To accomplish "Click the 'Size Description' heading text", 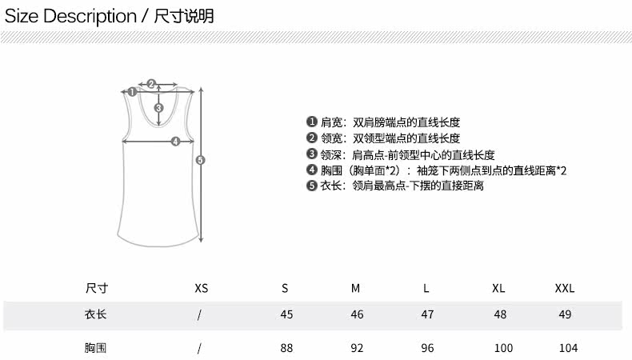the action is [x=70, y=15].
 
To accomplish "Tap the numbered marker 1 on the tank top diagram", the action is [x=132, y=91].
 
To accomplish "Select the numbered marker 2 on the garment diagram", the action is [x=151, y=83].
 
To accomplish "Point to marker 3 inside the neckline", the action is [x=159, y=108].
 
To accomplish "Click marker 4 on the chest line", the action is [x=175, y=142].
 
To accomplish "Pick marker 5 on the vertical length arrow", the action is [x=201, y=159].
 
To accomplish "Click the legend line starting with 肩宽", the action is [x=383, y=122].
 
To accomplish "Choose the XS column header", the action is [x=201, y=288].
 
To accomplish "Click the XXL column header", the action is [x=565, y=288].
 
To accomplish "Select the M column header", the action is [x=355, y=288].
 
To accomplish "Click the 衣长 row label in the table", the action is [x=95, y=314].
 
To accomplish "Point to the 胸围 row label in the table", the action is [x=95, y=348].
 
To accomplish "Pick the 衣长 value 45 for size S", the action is [x=286, y=314].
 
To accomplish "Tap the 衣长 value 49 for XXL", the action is [x=565, y=314].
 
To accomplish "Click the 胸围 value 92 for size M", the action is [x=357, y=348].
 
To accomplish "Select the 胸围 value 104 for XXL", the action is [x=568, y=348].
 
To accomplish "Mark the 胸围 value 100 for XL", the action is [x=503, y=348].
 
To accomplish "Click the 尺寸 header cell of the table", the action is [x=96, y=288].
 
